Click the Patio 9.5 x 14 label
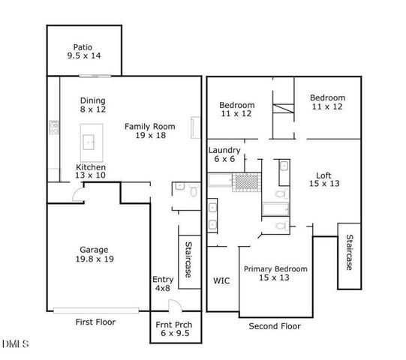point(84,51)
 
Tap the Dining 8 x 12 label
point(93,105)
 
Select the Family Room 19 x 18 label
point(149,131)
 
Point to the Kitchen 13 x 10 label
point(90,171)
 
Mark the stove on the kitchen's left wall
point(53,129)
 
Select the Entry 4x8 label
point(163,284)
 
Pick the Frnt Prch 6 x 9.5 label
point(175,329)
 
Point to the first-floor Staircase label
point(189,259)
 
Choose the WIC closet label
point(221,281)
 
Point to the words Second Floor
point(275,326)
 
